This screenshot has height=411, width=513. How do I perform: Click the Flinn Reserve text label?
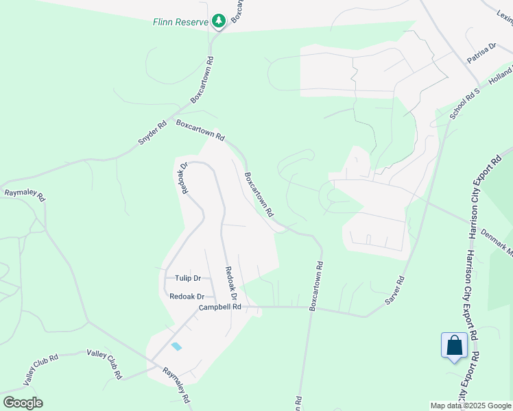point(180,22)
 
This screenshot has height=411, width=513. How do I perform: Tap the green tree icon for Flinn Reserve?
point(219,22)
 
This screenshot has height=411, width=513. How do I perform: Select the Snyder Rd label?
point(152,133)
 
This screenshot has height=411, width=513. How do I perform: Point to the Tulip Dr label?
point(187,278)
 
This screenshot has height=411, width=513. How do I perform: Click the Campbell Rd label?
point(220,308)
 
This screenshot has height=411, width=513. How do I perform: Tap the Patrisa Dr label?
point(481,53)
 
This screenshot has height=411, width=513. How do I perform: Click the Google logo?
point(23,403)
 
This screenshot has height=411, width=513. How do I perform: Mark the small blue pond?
point(177,346)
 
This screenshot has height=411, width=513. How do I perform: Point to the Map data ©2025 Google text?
point(471,406)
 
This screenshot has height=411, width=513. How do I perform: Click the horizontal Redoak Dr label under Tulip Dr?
point(187,297)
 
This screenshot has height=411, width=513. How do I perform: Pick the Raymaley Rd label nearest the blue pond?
point(176,384)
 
